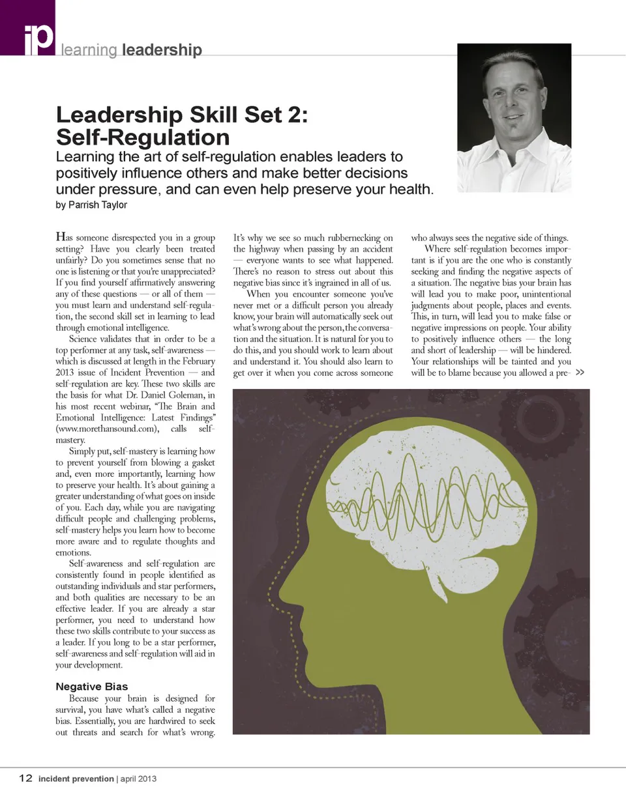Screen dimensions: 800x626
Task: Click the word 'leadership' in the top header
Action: pos(161,50)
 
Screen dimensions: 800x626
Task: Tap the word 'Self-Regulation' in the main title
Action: pos(143,137)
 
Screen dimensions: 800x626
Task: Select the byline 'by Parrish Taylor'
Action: pos(91,205)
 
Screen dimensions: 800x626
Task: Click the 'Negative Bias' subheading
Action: pos(92,686)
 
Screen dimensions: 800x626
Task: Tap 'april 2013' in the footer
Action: pos(138,779)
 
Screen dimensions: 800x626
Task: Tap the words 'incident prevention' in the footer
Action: pos(76,779)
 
